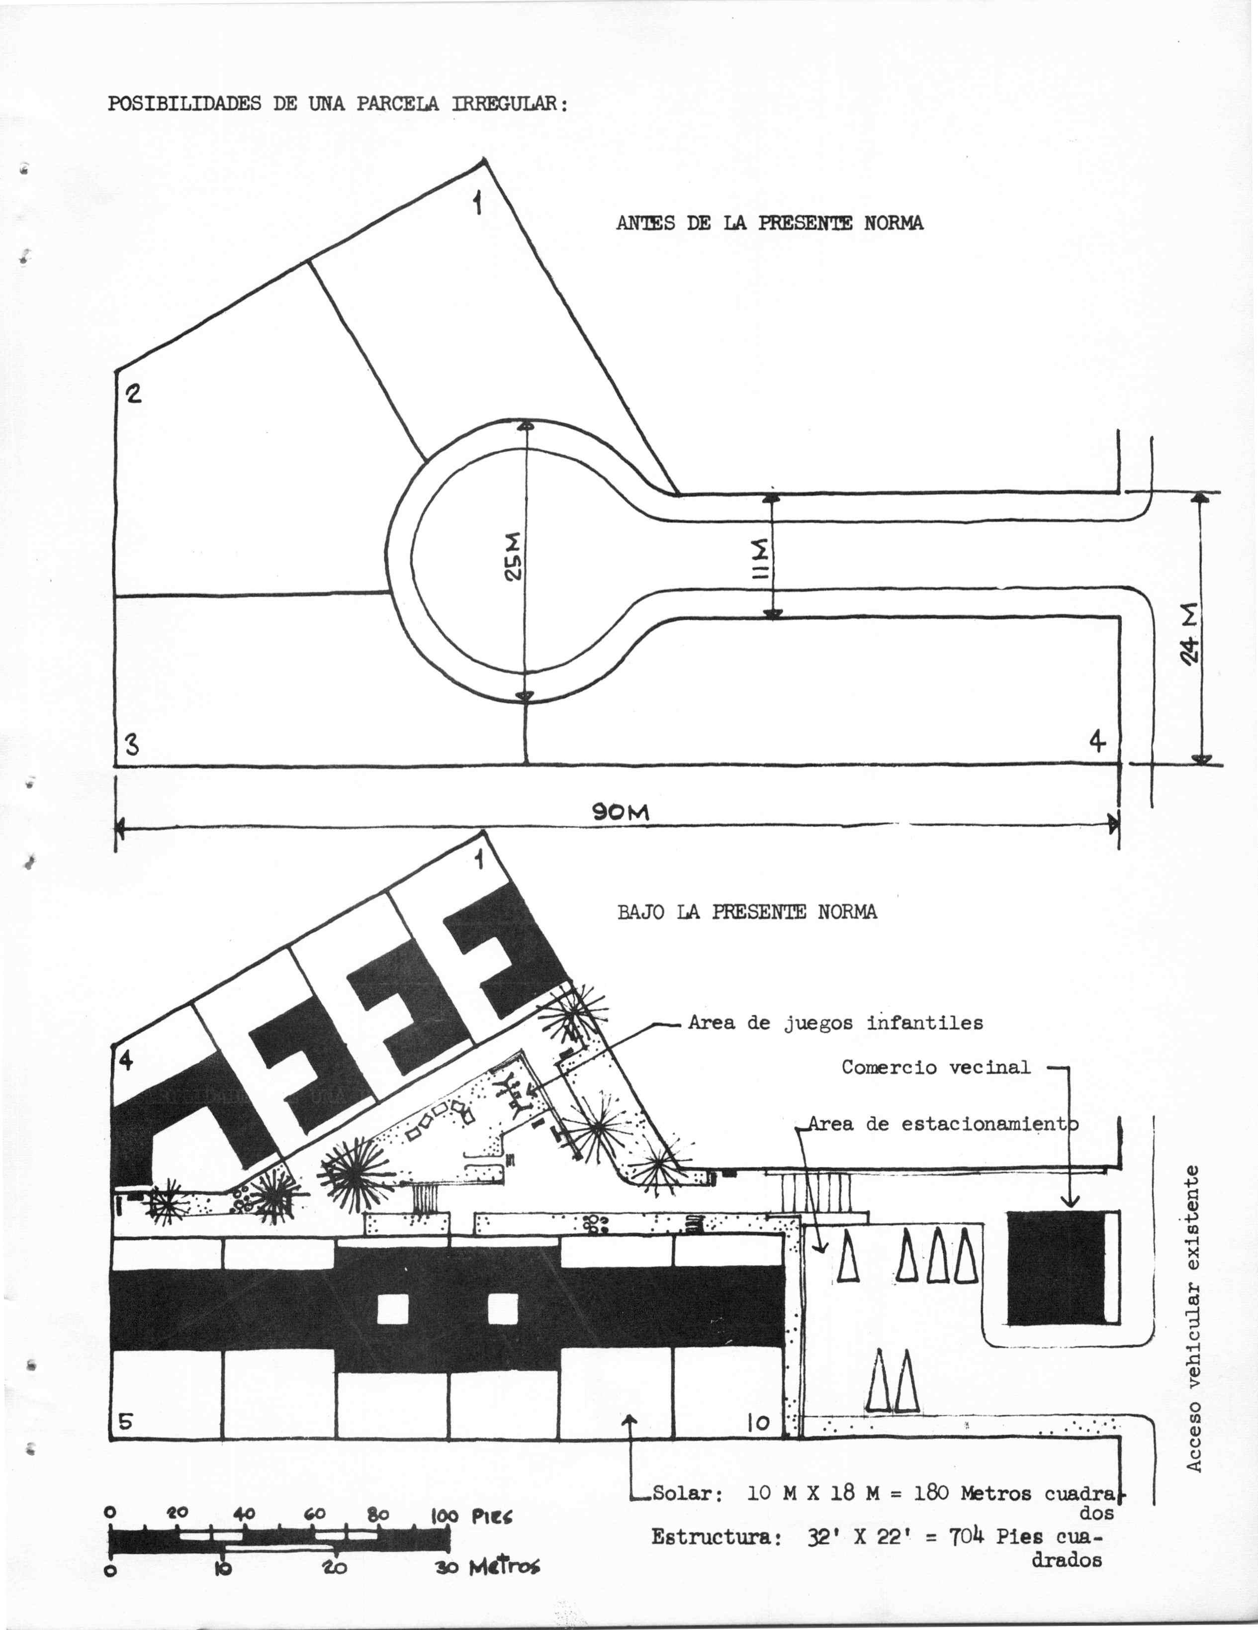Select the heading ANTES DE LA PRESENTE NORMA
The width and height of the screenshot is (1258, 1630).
[769, 223]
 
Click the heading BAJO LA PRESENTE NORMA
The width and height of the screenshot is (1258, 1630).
[747, 912]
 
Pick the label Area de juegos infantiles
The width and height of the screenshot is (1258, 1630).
[835, 1023]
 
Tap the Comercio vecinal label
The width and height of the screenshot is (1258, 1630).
[936, 1067]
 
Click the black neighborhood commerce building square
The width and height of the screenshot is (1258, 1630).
[1055, 1268]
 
